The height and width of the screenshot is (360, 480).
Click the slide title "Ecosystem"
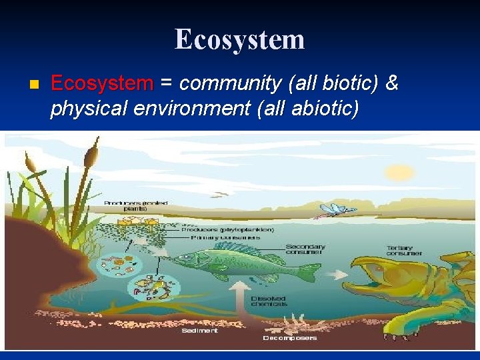coord(240,39)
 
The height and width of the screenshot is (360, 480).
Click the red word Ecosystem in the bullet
coord(102,84)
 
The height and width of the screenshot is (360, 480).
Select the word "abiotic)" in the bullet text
coord(326,108)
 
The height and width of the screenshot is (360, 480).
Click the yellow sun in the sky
coord(399,172)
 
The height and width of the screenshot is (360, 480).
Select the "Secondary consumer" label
coord(305,249)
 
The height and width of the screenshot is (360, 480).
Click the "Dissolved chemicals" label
coord(269,301)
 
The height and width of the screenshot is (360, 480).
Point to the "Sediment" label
coord(200,330)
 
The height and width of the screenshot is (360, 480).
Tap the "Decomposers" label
coord(289,337)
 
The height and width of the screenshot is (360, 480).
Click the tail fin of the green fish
coord(308,272)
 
